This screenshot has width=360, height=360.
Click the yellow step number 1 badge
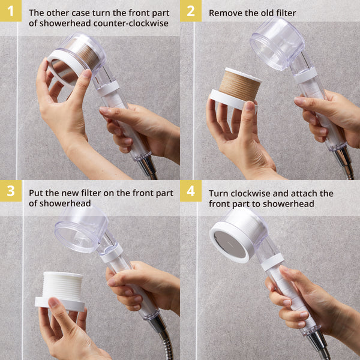10,11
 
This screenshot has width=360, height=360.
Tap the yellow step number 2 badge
190,11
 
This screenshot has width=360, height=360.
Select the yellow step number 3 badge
10,191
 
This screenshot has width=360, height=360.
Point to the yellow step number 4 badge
190,191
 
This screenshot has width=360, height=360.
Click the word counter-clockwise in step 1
135,23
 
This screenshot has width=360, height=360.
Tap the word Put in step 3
37,193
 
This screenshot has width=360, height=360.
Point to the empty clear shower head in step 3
81,228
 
